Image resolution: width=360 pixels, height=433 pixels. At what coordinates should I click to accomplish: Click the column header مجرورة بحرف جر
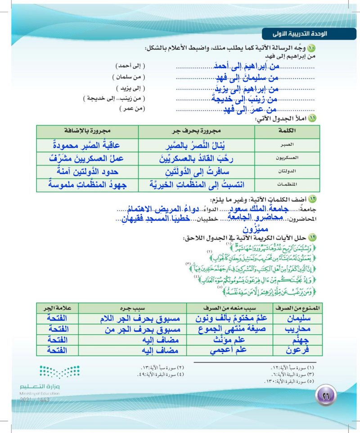(196, 131)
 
